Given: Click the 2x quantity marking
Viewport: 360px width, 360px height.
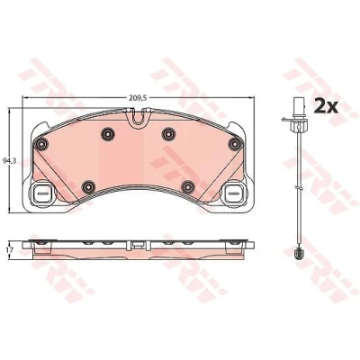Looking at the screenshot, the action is click(x=326, y=106).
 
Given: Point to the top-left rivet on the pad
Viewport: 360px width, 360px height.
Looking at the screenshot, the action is click(x=108, y=134).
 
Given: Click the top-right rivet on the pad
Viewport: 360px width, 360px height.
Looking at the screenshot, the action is click(x=168, y=134).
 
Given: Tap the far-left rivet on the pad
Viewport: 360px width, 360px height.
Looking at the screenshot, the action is click(x=41, y=145).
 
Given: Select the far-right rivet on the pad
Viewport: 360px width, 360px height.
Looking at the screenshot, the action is click(x=235, y=144).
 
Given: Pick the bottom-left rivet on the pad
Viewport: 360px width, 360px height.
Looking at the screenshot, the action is click(x=88, y=187).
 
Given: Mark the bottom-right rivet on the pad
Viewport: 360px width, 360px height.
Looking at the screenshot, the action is click(x=188, y=187).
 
